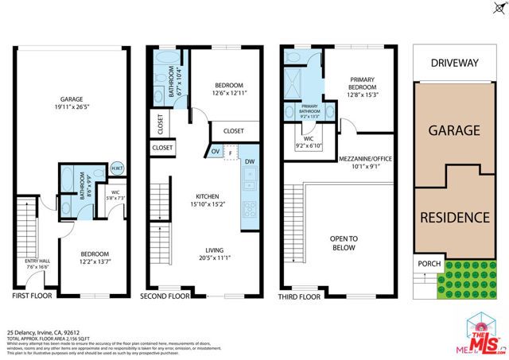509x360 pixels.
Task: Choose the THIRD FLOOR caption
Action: click(300, 296)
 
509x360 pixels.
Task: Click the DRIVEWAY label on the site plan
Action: click(454, 63)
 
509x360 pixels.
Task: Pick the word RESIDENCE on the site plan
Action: click(454, 217)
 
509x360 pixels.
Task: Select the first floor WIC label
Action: click(115, 193)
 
